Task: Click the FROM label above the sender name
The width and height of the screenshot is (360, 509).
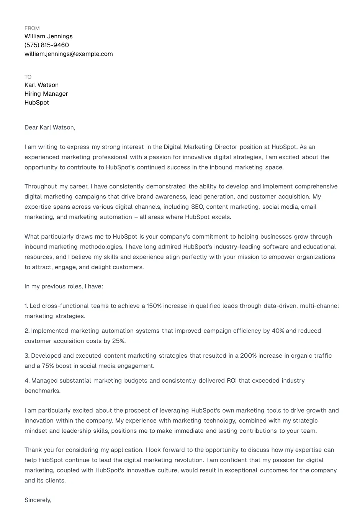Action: click(32, 28)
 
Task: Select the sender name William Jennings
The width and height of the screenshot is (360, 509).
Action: click(48, 36)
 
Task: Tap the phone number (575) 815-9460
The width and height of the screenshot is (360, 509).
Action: click(47, 45)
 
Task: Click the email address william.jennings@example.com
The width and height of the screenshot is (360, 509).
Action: click(69, 54)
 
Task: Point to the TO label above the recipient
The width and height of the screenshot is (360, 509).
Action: click(28, 77)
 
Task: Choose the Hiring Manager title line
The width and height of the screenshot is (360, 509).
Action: click(46, 94)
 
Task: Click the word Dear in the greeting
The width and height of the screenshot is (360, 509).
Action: click(31, 128)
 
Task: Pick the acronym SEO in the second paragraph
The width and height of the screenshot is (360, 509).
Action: click(197, 207)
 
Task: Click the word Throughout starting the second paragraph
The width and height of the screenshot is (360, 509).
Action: click(41, 187)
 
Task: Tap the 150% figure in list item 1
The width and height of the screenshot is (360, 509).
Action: click(154, 306)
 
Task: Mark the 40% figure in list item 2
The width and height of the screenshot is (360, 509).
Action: click(278, 331)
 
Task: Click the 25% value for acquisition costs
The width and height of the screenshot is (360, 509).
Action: click(119, 341)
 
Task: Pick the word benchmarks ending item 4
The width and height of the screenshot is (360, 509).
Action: click(42, 391)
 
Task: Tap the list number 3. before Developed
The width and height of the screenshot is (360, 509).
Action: click(27, 356)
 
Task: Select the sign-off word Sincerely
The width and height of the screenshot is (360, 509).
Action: click(38, 500)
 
